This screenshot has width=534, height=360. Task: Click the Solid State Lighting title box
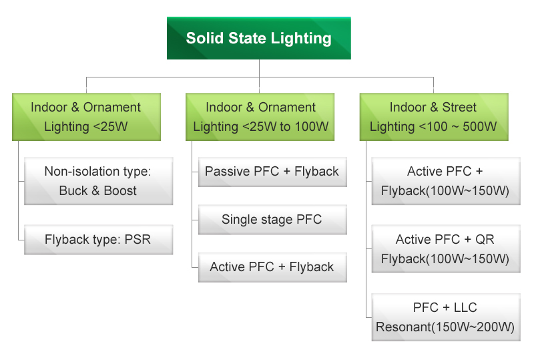pyautogui.click(x=259, y=38)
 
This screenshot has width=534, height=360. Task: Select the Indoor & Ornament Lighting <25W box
pyautogui.click(x=87, y=117)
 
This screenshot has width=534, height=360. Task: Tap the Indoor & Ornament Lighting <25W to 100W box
pyautogui.click(x=260, y=117)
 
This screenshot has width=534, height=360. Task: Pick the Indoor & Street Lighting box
pyautogui.click(x=434, y=117)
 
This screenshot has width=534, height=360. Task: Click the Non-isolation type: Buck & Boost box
pyautogui.click(x=99, y=181)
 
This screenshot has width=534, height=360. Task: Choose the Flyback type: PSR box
pyautogui.click(x=99, y=240)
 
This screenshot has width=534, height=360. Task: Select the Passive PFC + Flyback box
pyautogui.click(x=272, y=172)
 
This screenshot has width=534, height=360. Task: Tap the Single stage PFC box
pyautogui.click(x=272, y=220)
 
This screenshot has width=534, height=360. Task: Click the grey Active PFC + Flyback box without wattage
pyautogui.click(x=272, y=267)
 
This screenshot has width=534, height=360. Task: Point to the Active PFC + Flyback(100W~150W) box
pyautogui.click(x=446, y=181)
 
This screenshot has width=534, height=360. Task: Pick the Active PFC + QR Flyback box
pyautogui.click(x=446, y=249)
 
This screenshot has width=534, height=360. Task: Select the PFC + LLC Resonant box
pyautogui.click(x=446, y=317)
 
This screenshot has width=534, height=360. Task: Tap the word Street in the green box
pyautogui.click(x=459, y=108)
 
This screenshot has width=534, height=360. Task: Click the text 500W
pyautogui.click(x=479, y=127)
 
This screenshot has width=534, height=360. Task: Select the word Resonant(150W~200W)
pyautogui.click(x=445, y=327)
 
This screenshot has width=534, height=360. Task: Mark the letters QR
pyautogui.click(x=485, y=239)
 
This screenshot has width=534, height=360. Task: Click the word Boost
pyautogui.click(x=120, y=191)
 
